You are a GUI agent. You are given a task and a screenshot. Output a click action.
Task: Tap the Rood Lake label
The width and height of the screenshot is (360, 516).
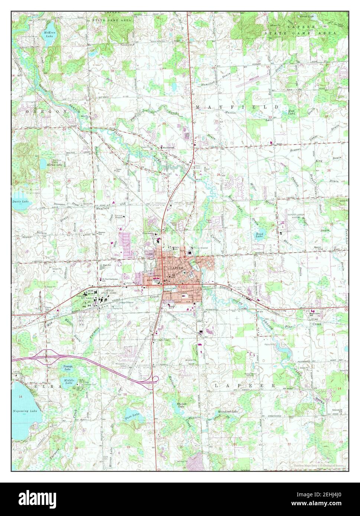(260, 235)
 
